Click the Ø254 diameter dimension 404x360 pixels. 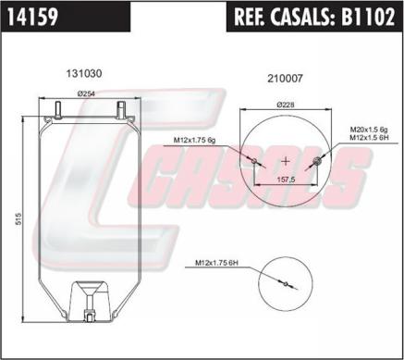point(87,93)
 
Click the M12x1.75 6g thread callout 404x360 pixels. point(196,141)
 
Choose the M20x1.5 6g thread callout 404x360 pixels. point(369,129)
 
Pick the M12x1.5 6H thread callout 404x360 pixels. point(369,138)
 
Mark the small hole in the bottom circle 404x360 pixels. point(286,284)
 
